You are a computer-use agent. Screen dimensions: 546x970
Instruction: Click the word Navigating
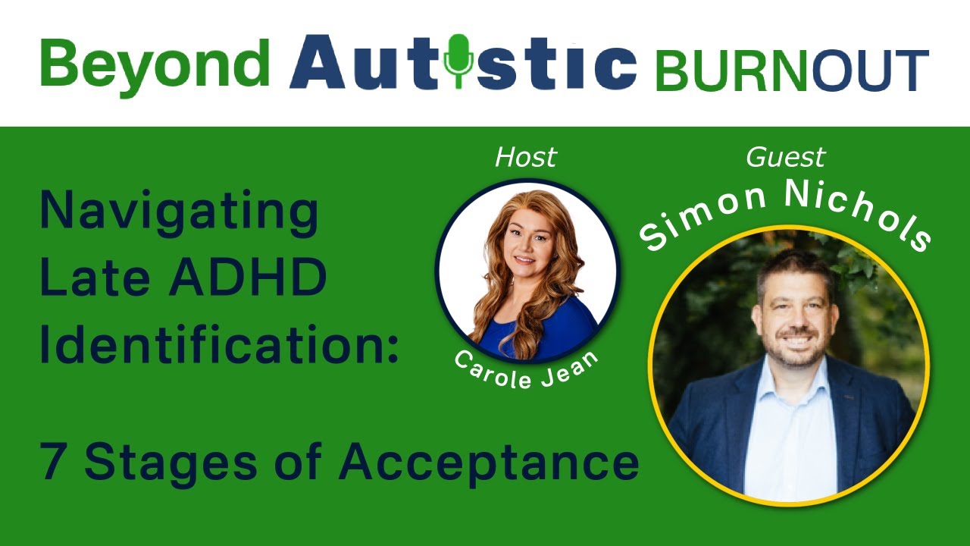179,213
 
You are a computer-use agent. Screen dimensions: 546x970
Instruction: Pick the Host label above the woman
525,158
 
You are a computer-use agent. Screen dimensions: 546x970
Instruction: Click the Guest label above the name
785,158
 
